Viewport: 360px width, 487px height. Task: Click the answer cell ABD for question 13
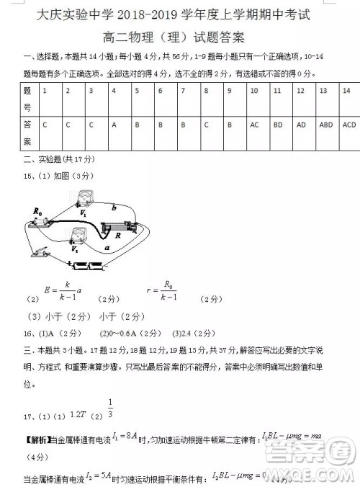click(325, 125)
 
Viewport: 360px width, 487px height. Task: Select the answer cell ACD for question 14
click(349, 125)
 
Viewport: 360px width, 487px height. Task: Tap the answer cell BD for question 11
click(277, 125)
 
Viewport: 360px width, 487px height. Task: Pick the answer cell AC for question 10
click(254, 125)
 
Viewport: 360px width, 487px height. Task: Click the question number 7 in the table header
click(184, 91)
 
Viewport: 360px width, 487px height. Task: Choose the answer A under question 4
click(114, 125)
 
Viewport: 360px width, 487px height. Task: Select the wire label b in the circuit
click(114, 208)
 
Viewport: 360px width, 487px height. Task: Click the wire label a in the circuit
click(107, 247)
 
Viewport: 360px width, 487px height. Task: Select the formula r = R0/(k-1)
click(162, 291)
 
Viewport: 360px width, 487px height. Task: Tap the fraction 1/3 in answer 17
click(110, 407)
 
